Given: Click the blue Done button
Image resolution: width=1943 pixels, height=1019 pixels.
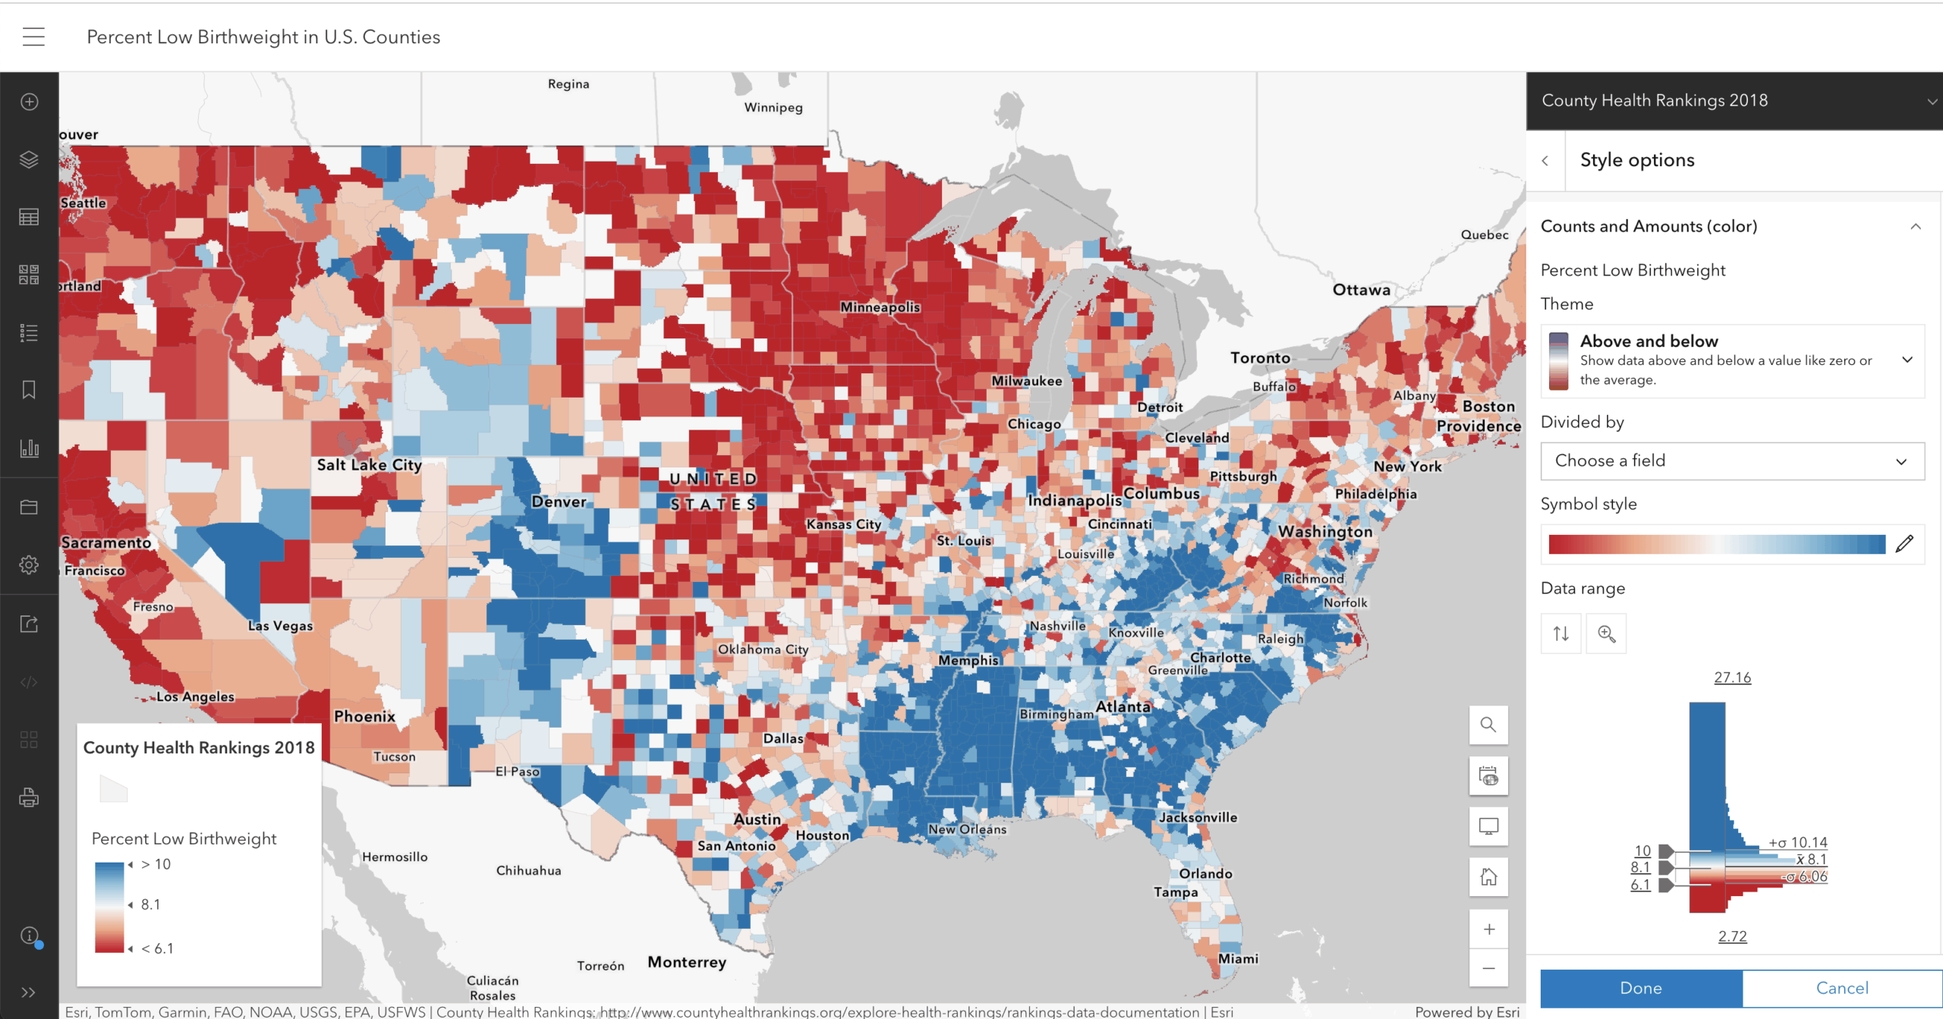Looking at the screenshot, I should point(1640,987).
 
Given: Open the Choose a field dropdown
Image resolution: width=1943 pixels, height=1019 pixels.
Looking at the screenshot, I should point(1731,461).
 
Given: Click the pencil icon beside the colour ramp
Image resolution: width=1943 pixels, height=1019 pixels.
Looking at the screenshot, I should point(1904,543).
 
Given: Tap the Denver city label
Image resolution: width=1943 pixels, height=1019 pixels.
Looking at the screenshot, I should point(559,502).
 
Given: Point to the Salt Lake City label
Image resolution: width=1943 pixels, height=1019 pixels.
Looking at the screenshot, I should point(369,464).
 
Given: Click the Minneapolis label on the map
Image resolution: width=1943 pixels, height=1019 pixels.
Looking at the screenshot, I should point(880,307).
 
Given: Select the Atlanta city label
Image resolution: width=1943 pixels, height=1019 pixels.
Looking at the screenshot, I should point(1123,706).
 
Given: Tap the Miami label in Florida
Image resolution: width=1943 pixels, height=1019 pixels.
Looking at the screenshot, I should point(1238,958).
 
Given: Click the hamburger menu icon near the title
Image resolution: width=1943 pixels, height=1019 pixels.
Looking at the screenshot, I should point(33,36).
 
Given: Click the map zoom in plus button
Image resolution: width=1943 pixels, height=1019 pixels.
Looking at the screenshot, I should point(1488,929).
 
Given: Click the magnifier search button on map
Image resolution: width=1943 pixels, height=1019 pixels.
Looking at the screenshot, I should point(1488,725).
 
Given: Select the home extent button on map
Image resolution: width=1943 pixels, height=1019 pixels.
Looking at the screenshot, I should point(1488,877).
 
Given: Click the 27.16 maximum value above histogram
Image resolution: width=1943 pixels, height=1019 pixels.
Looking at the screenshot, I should point(1732,677).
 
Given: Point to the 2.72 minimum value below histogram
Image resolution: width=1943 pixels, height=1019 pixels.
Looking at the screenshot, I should point(1732,936).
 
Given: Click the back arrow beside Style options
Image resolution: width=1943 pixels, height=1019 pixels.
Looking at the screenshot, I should point(1545,160).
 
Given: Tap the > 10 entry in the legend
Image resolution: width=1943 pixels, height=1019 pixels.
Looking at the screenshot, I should point(156,864).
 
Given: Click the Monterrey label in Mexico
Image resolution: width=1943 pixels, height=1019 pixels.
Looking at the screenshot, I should point(686,962).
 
